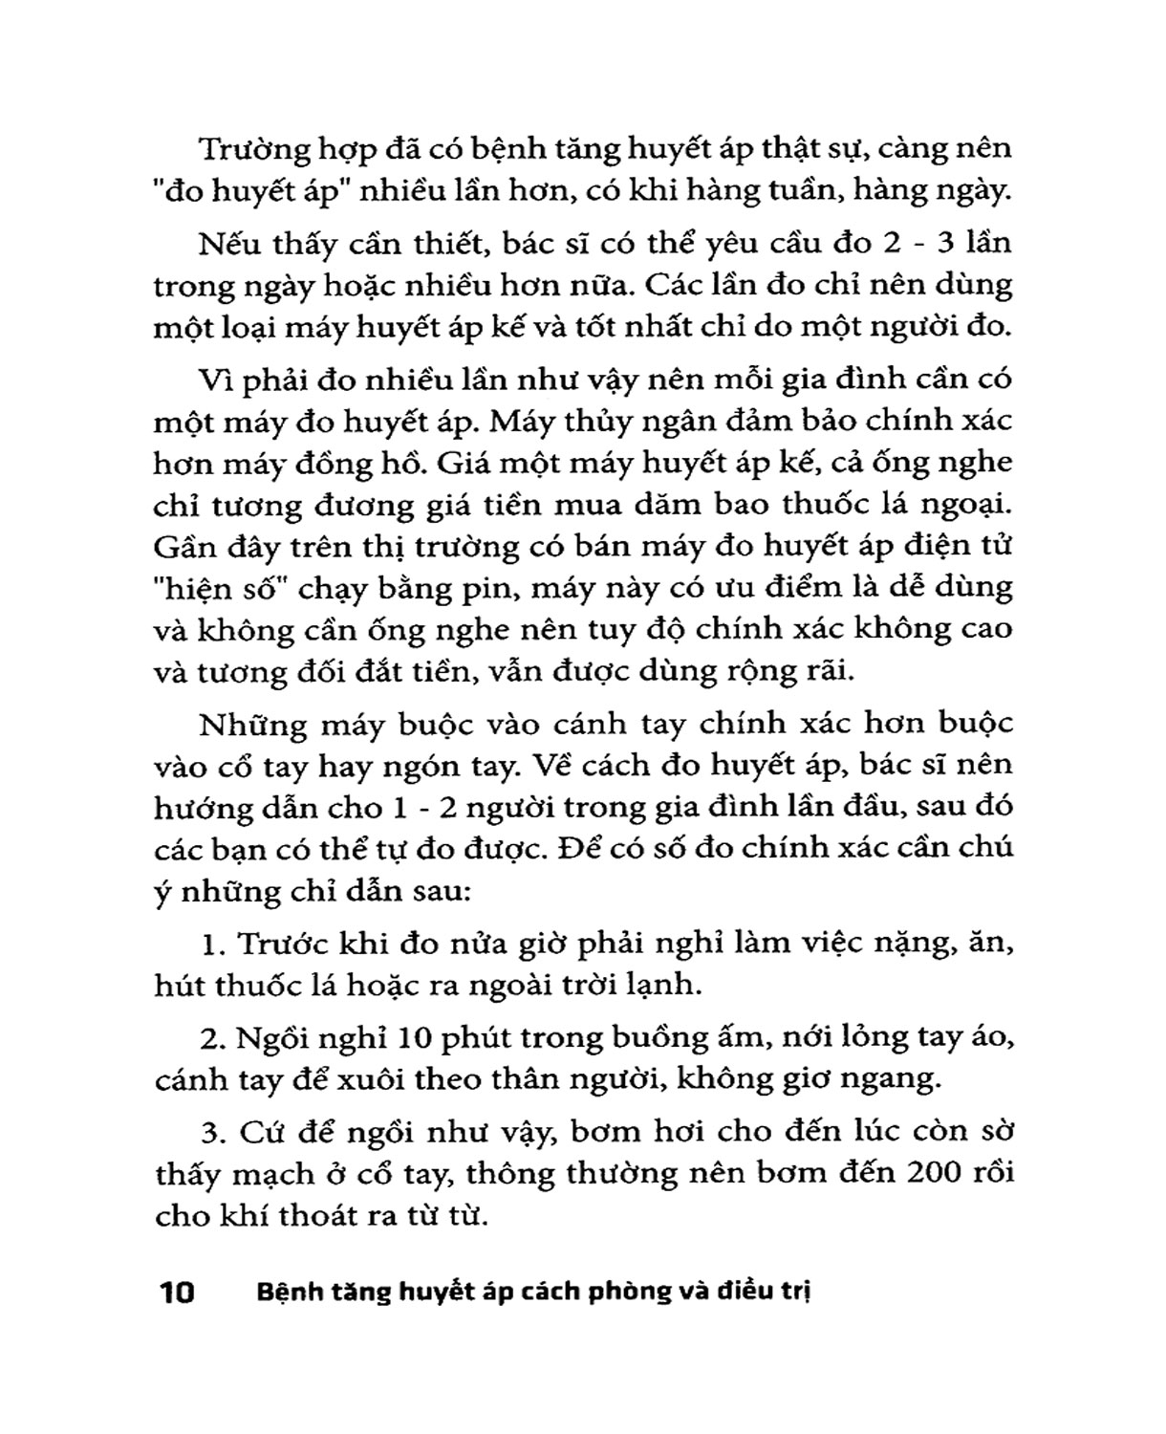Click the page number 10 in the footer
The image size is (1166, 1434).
(x=177, y=1293)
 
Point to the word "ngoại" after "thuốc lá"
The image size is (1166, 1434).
(x=965, y=505)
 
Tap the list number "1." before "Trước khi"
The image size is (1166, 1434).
(x=212, y=943)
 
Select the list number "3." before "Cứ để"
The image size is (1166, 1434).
(x=212, y=1132)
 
